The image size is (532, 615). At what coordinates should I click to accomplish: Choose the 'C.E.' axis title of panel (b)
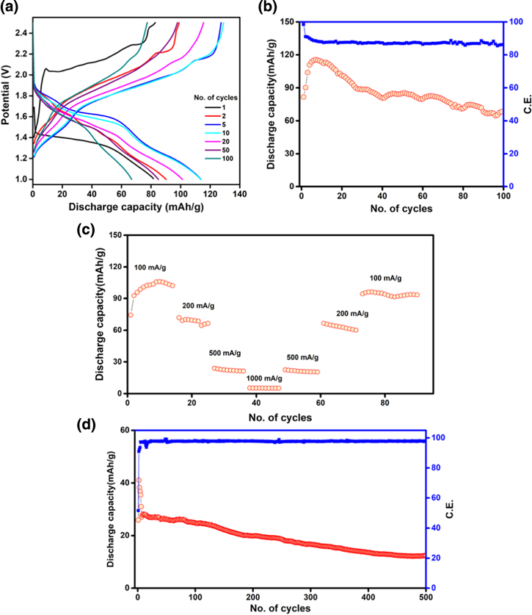point(525,102)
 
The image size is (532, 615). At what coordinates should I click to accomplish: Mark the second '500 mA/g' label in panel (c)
point(301,358)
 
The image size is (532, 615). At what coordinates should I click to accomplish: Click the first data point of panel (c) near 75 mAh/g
point(131,314)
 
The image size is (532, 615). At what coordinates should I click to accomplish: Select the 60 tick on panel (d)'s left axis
point(126,430)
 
